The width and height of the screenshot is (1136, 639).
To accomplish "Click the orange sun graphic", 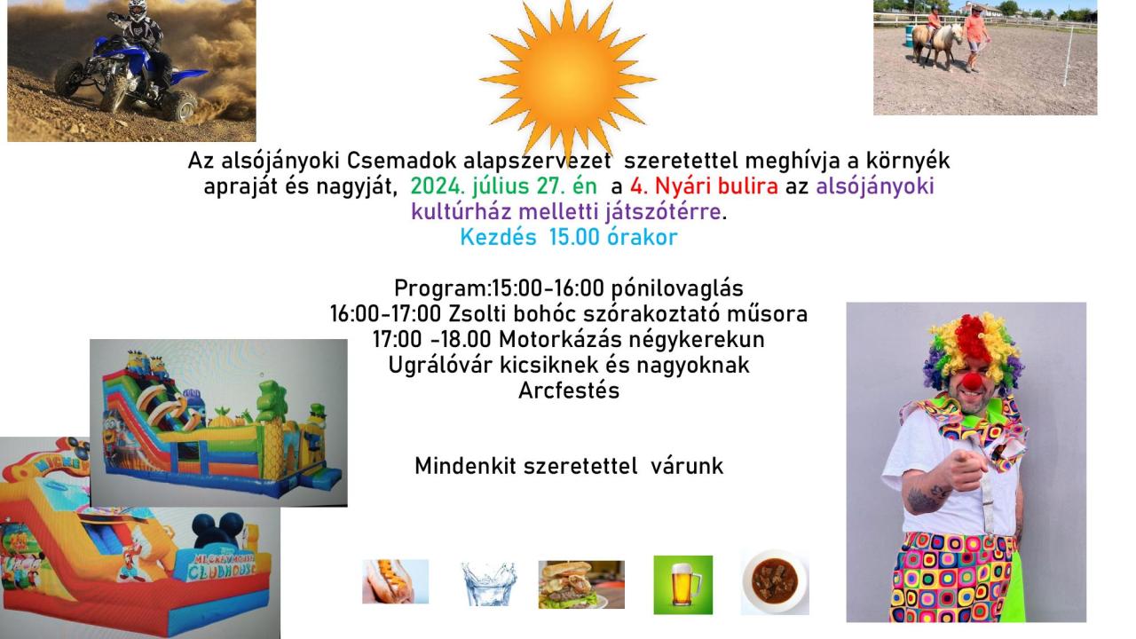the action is click(x=567, y=79).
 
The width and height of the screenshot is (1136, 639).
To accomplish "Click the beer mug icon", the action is click(x=683, y=585).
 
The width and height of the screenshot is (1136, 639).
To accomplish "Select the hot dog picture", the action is click(x=396, y=581).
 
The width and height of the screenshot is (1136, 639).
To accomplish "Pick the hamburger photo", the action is click(x=581, y=584).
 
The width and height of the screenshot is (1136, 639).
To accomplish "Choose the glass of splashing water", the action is click(x=488, y=583).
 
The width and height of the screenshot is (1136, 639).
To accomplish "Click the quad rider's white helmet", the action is click(x=137, y=9).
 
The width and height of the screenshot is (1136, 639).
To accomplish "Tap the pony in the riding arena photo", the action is click(x=937, y=44).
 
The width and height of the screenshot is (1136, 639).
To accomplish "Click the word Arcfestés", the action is click(x=569, y=390).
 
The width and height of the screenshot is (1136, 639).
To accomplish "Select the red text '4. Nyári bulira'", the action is click(x=704, y=186).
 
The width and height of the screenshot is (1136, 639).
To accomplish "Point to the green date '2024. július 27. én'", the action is click(x=503, y=186).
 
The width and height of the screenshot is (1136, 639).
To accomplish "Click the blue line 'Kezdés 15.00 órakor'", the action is click(x=569, y=237).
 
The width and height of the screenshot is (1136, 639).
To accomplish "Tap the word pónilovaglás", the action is click(x=677, y=288).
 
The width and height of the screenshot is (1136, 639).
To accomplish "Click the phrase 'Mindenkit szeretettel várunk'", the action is click(x=569, y=466).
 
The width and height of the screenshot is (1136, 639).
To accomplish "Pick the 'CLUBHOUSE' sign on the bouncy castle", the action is click(x=222, y=572).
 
